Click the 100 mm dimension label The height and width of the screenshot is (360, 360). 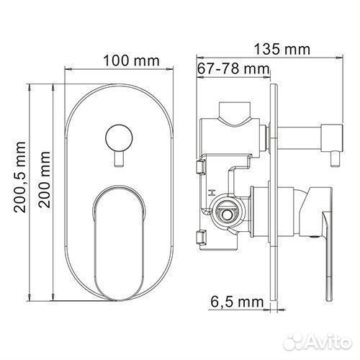(130, 60)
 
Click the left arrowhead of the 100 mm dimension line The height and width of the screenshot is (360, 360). (68, 71)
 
